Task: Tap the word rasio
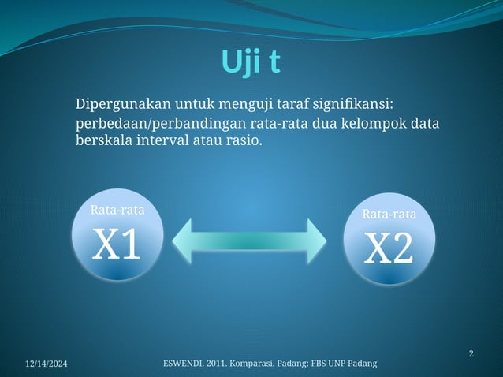tap(243, 142)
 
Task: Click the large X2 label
tap(389, 248)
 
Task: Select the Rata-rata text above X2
tap(389, 214)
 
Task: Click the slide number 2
tap(471, 353)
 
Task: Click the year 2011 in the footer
tap(221, 363)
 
